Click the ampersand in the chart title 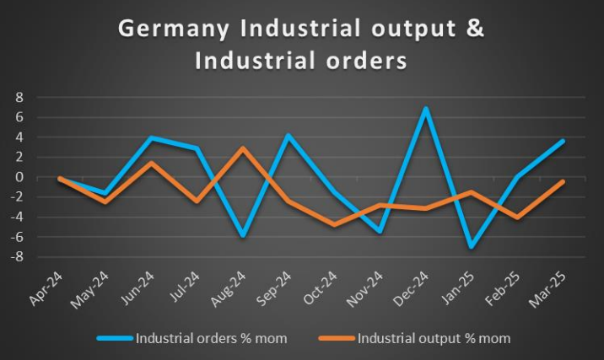click(x=476, y=28)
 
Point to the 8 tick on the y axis click(x=18, y=97)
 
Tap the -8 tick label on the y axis click(x=15, y=257)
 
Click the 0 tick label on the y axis click(x=18, y=177)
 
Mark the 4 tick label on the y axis click(x=18, y=137)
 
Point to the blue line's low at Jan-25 click(x=471, y=247)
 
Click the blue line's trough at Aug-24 click(x=242, y=236)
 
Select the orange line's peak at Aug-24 click(x=242, y=148)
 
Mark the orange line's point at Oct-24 click(x=335, y=224)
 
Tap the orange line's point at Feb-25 click(x=517, y=218)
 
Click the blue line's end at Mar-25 click(x=563, y=141)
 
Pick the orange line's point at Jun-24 click(x=151, y=163)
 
